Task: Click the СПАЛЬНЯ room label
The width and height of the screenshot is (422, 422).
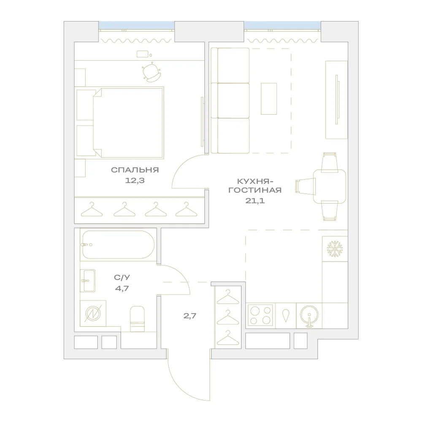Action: [135, 170]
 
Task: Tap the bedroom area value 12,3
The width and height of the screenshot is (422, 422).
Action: [135, 181]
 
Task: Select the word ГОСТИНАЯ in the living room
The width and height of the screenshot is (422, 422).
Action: [255, 190]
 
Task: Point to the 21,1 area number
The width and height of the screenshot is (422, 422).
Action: [255, 200]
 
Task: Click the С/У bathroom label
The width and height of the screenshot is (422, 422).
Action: [122, 278]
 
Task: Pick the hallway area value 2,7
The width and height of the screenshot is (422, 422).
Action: [190, 316]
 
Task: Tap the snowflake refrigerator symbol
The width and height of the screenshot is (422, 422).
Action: [335, 249]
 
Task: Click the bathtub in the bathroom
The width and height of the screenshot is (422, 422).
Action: [119, 245]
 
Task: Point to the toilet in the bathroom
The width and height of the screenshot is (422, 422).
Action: [137, 319]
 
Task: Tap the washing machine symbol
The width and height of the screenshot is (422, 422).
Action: [93, 314]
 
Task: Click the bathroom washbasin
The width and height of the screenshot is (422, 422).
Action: [88, 281]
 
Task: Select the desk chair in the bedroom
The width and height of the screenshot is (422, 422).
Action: [152, 72]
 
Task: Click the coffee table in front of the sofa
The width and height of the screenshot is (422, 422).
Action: [268, 99]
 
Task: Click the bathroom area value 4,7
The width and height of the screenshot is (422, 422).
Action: [122, 289]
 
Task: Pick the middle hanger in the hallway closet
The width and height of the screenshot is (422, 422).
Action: [228, 318]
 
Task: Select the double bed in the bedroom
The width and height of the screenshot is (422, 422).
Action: [120, 122]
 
